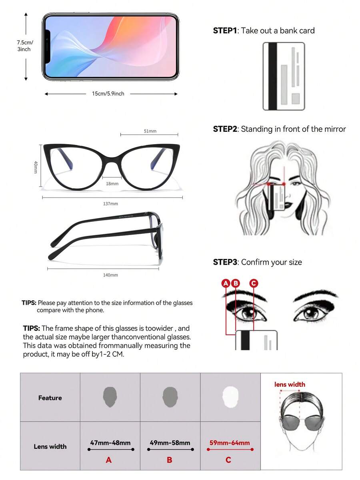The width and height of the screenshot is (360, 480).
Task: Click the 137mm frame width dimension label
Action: [110, 204]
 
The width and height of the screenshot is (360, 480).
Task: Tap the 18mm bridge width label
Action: [112, 184]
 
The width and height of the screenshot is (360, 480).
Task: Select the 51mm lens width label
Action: [150, 131]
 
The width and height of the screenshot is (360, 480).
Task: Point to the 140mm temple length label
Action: [110, 275]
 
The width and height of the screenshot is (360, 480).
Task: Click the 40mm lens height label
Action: [36, 167]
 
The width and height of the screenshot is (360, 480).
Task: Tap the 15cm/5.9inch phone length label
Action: [108, 94]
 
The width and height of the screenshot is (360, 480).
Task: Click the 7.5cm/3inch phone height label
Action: [24, 46]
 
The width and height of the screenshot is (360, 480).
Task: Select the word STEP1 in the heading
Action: [225, 30]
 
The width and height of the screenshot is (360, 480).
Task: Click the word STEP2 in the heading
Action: [225, 129]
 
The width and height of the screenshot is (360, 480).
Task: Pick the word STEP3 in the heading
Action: [225, 262]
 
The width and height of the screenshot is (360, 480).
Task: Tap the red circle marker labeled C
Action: [254, 283]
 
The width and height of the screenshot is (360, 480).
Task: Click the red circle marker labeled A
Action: [226, 283]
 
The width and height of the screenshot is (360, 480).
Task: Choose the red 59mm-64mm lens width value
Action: [230, 443]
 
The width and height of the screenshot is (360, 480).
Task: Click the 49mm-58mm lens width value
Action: [170, 443]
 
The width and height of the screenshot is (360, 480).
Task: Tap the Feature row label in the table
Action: [50, 398]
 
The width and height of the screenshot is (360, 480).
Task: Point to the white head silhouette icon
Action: [230, 397]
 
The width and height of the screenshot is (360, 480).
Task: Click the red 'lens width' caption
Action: [290, 384]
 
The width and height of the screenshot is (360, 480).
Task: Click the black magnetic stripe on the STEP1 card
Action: [272, 76]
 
